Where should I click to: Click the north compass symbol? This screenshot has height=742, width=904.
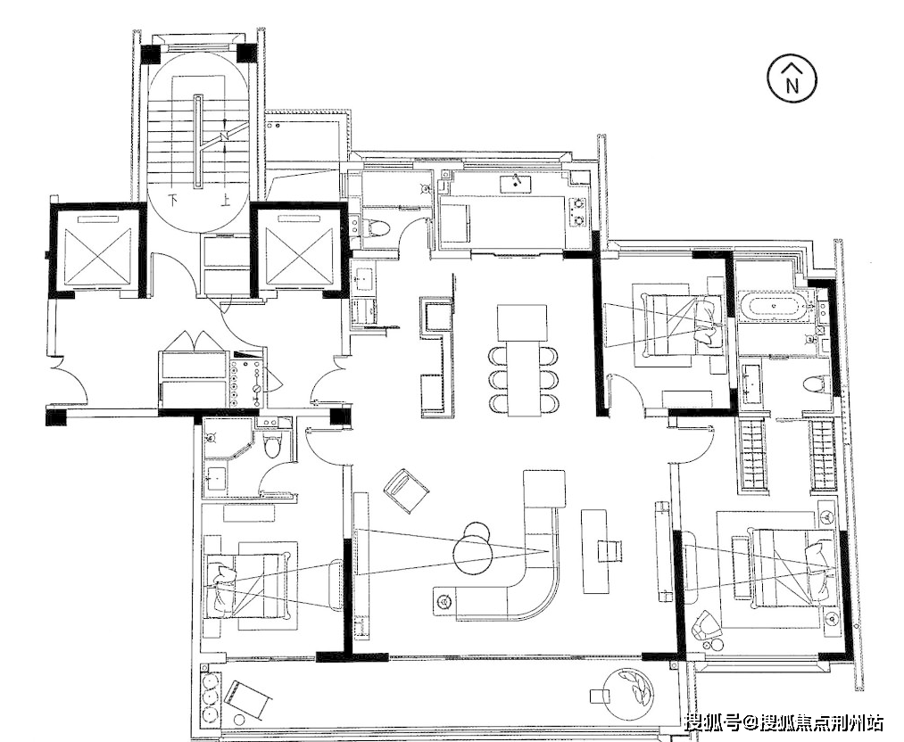(792, 81)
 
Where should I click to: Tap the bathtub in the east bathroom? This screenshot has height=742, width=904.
(774, 307)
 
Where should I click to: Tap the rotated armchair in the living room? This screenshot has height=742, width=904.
(406, 489)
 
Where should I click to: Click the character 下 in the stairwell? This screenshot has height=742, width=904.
(171, 197)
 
